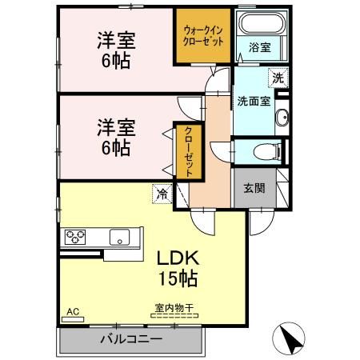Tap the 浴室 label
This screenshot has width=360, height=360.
pos(259,47)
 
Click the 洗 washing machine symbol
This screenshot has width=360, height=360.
pos(277,78)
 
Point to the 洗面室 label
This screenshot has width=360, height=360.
pos(253,102)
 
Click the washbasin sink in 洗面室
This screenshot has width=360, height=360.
pos(281,121)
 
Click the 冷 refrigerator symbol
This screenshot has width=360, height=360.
pos(162,193)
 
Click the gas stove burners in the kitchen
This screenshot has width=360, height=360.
pos(78,236)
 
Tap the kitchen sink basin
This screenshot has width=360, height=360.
pos(121,236)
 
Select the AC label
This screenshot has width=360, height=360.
pos(72,310)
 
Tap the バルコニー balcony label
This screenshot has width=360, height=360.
pos(130,338)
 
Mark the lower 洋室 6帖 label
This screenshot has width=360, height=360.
pos(115,136)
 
